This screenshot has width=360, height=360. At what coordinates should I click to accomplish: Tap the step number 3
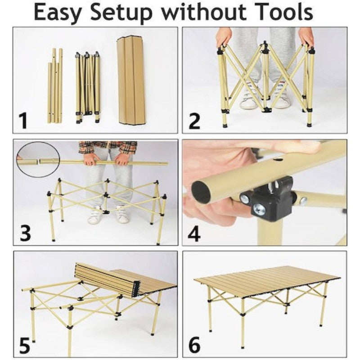(25, 233)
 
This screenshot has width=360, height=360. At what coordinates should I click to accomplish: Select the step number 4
(194, 233)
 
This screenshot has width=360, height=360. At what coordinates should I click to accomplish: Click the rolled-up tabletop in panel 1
(131, 81)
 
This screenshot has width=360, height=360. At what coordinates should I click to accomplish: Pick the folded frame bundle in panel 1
(88, 87)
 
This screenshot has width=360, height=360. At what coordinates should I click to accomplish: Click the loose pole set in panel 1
(55, 85)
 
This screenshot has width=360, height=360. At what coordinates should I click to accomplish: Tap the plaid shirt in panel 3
(108, 148)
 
